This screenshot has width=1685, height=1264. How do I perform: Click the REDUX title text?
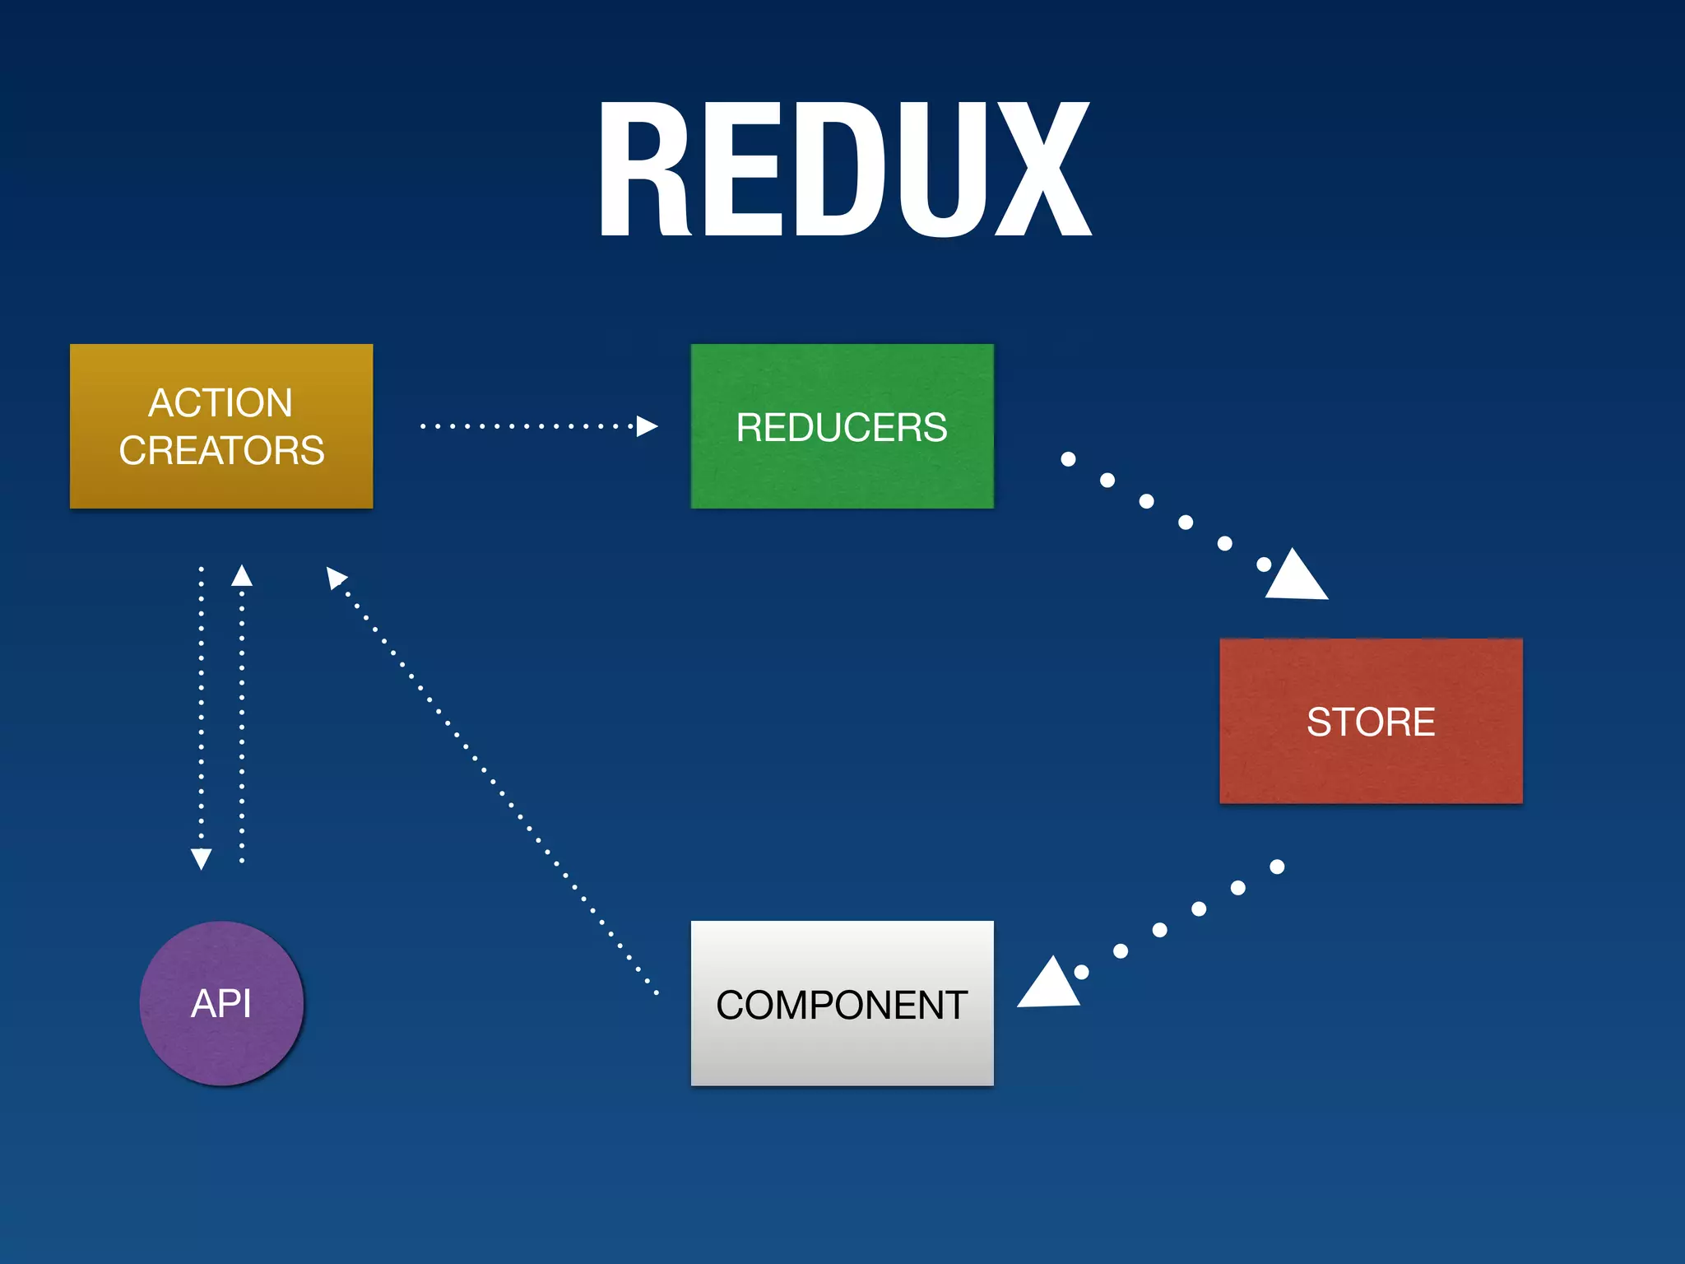pos(844,170)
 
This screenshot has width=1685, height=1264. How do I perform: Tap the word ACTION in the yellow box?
pos(220,403)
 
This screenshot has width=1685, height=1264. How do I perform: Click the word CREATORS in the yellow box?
pos(221,450)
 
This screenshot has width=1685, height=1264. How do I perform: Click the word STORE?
pos(1371,722)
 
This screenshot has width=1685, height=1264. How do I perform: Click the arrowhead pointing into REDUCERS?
pos(648,426)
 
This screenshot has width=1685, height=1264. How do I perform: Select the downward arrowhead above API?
pos(201,858)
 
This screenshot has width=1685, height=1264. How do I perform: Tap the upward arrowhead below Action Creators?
pos(242,575)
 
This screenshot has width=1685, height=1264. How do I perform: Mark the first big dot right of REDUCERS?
pos(1068,459)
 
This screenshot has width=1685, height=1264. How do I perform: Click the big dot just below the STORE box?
pos(1277,867)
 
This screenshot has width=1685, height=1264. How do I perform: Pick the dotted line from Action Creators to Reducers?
pos(527,426)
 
